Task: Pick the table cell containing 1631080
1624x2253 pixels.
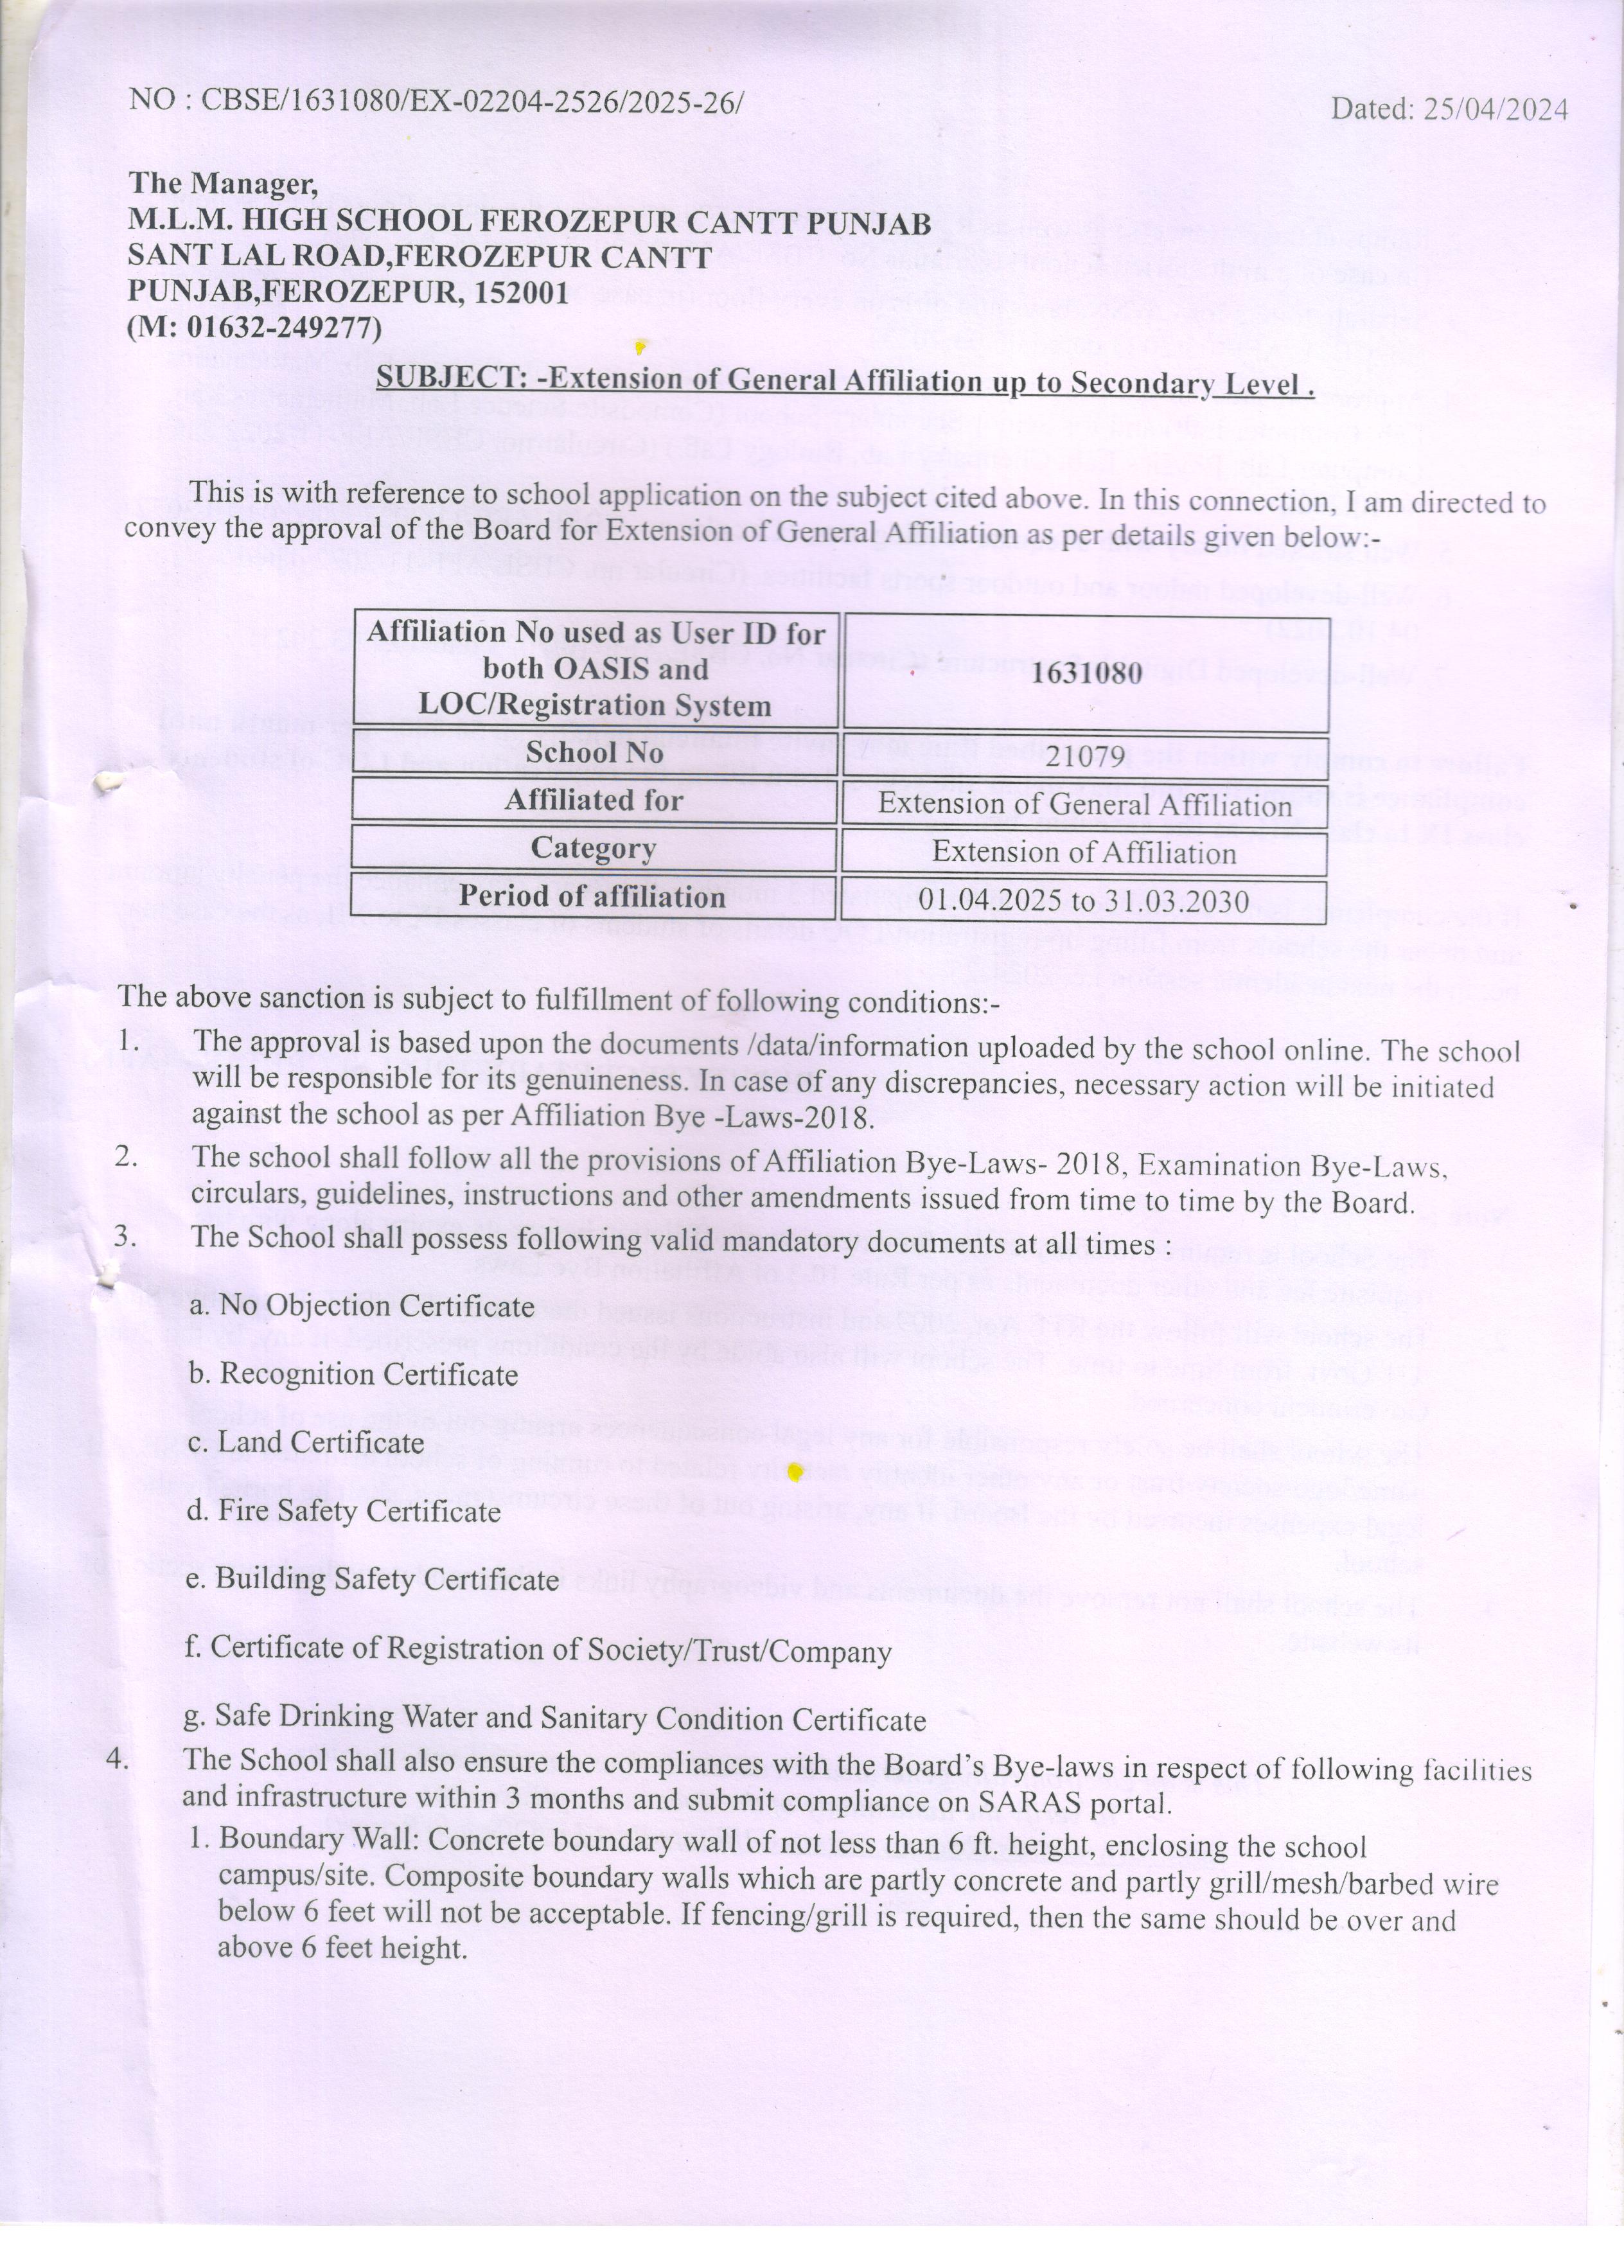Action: click(1086, 673)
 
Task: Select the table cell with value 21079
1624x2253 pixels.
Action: click(1086, 756)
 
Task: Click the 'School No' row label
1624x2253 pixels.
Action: click(594, 752)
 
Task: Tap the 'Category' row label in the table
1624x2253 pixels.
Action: click(594, 849)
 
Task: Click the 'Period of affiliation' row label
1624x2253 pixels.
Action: click(592, 896)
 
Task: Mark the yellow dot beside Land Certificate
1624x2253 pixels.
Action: click(793, 1472)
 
